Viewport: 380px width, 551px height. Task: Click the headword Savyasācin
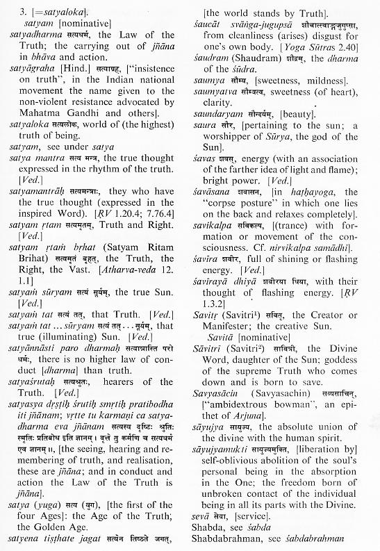(226, 398)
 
